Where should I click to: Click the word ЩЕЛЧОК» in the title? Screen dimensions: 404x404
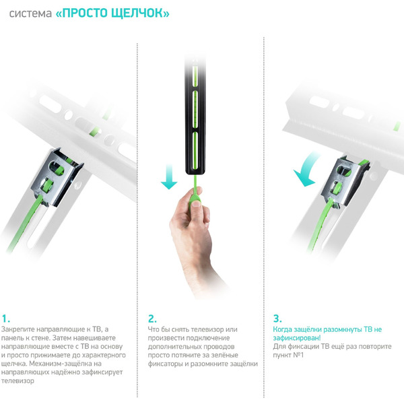coord(143,13)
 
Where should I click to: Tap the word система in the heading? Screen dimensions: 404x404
coord(30,13)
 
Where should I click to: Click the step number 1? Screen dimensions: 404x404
coord(6,318)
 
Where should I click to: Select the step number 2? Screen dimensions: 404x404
coord(152,318)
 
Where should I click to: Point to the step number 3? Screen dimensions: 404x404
coord(277,318)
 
